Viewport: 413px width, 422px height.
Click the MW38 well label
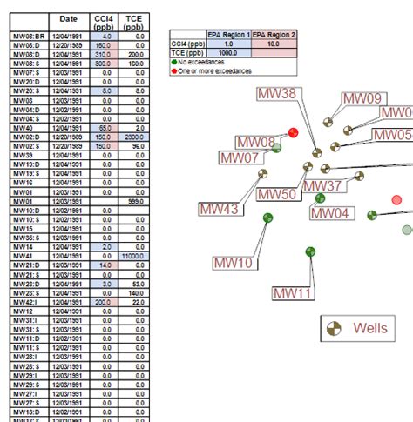tap(278, 94)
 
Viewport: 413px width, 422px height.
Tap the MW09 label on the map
tap(362, 99)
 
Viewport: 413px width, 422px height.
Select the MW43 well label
tap(219, 209)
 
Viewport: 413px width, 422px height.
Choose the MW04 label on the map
tap(331, 213)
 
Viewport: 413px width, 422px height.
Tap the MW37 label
tap(322, 186)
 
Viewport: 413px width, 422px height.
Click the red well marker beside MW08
tap(294, 132)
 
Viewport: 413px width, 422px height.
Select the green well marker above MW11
tap(310, 251)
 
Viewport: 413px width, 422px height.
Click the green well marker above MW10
tap(267, 218)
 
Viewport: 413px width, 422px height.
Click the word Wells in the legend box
tap(369, 328)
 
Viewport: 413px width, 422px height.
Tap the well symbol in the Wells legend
tap(334, 328)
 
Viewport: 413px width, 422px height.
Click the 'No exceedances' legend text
tap(206, 62)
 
